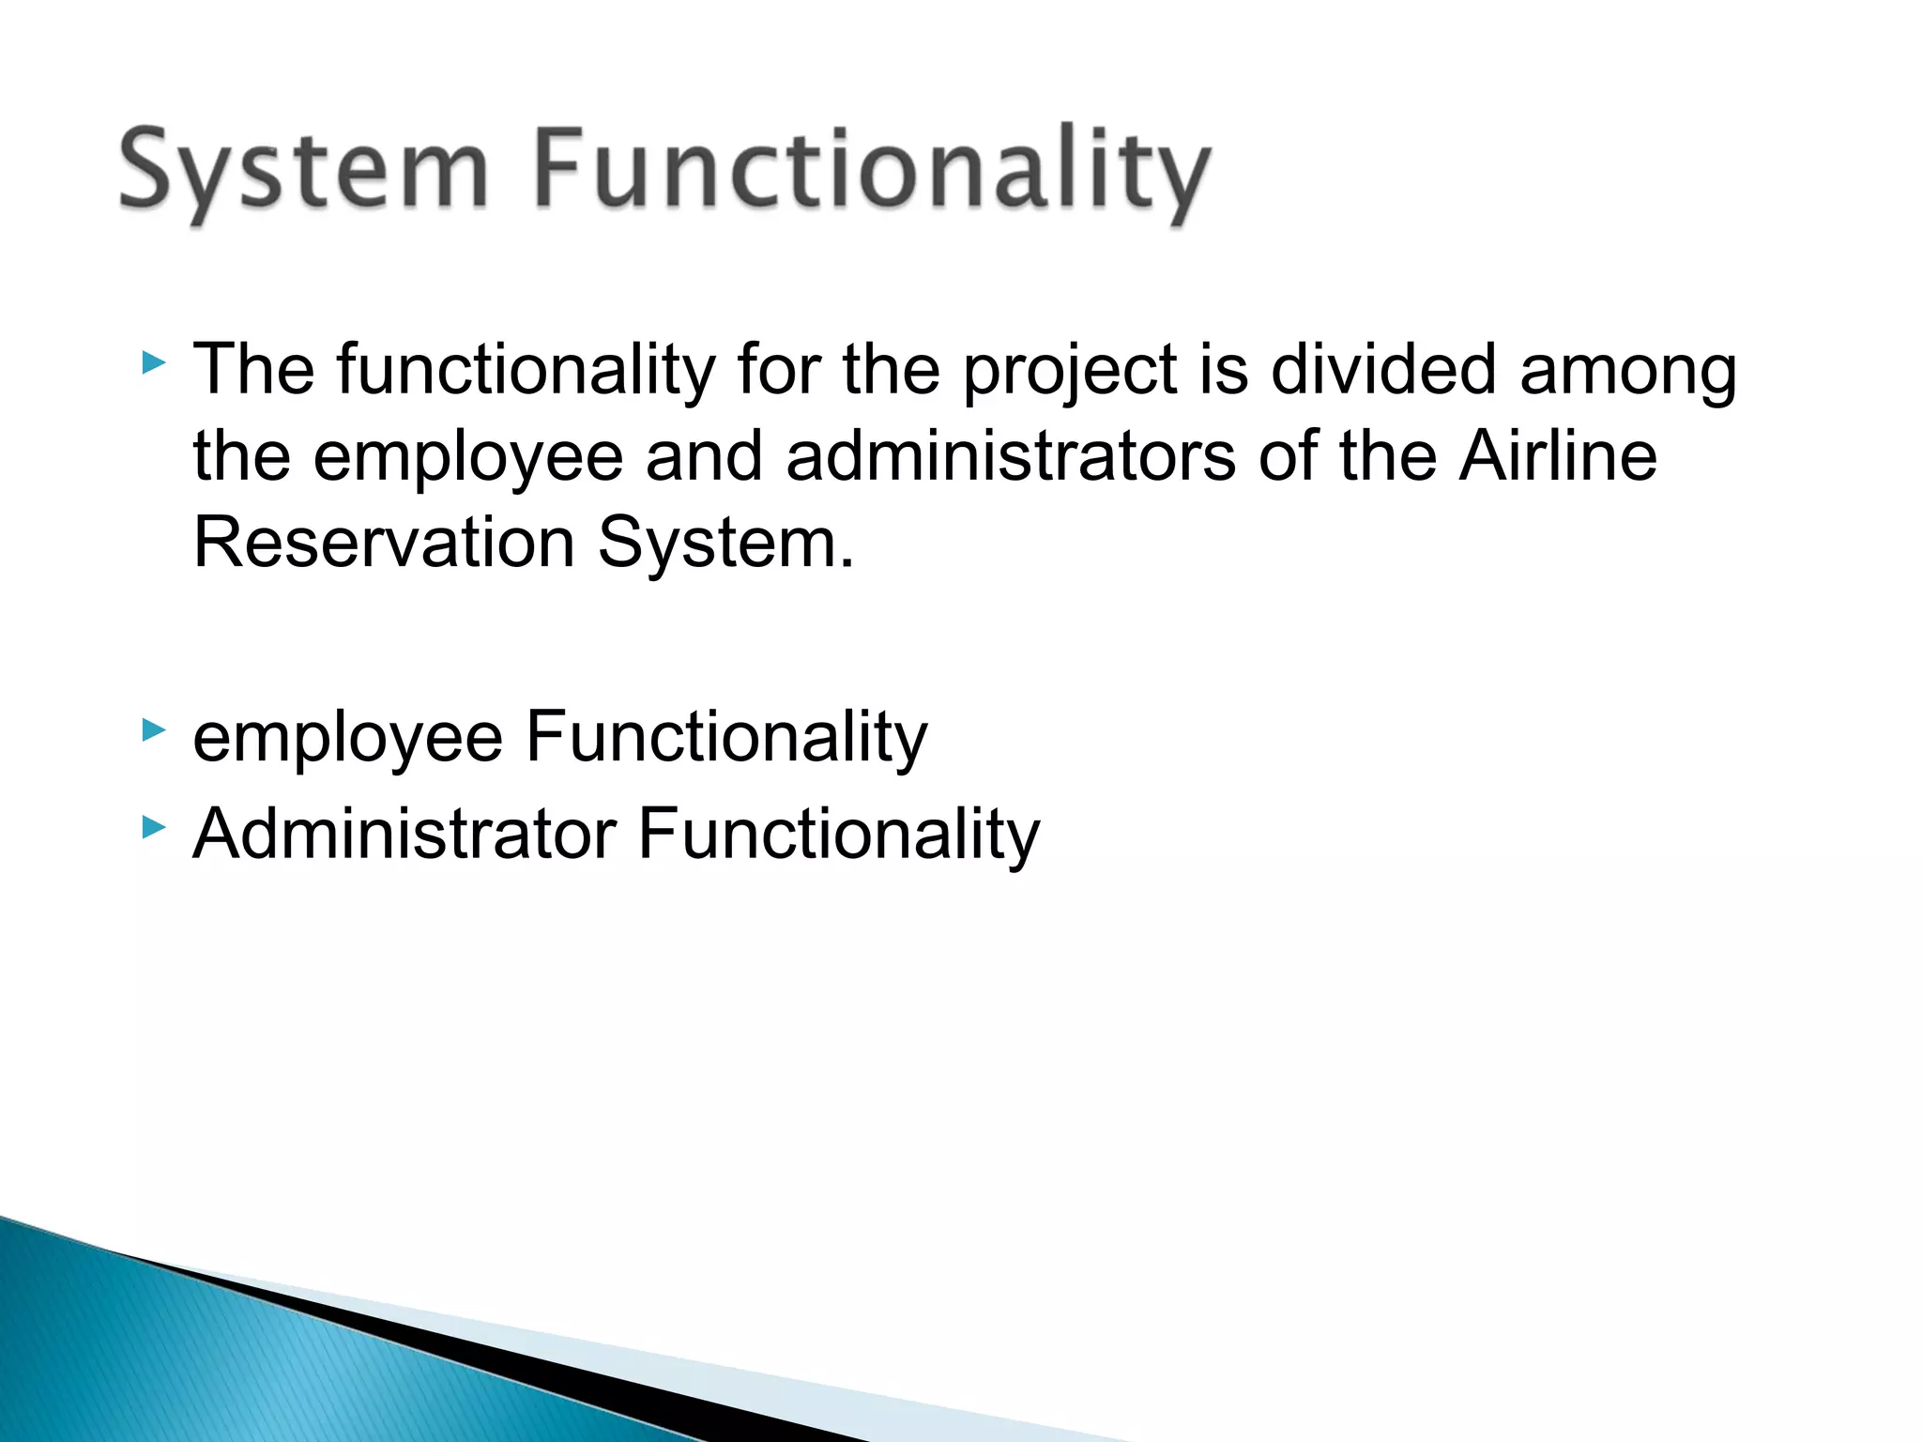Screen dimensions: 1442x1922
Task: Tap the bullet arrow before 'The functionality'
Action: [154, 362]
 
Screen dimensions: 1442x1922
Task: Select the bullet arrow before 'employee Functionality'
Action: [154, 729]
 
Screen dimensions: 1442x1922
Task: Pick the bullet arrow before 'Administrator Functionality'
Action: [154, 827]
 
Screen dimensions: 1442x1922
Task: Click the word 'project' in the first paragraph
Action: [1070, 371]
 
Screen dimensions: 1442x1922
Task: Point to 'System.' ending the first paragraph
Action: [726, 545]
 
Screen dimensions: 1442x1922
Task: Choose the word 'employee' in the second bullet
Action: [347, 740]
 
